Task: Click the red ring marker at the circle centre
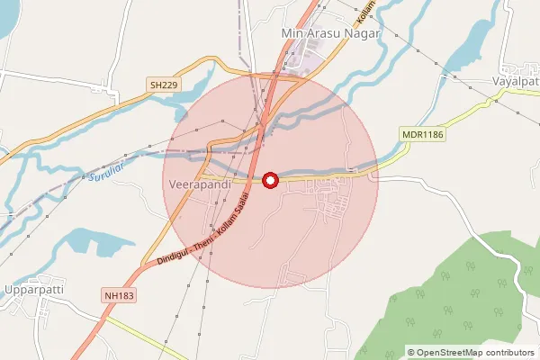[270, 180]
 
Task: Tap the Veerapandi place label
[200, 184]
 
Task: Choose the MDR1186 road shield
[424, 135]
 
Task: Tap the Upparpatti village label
[35, 291]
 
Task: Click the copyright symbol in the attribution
[411, 352]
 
